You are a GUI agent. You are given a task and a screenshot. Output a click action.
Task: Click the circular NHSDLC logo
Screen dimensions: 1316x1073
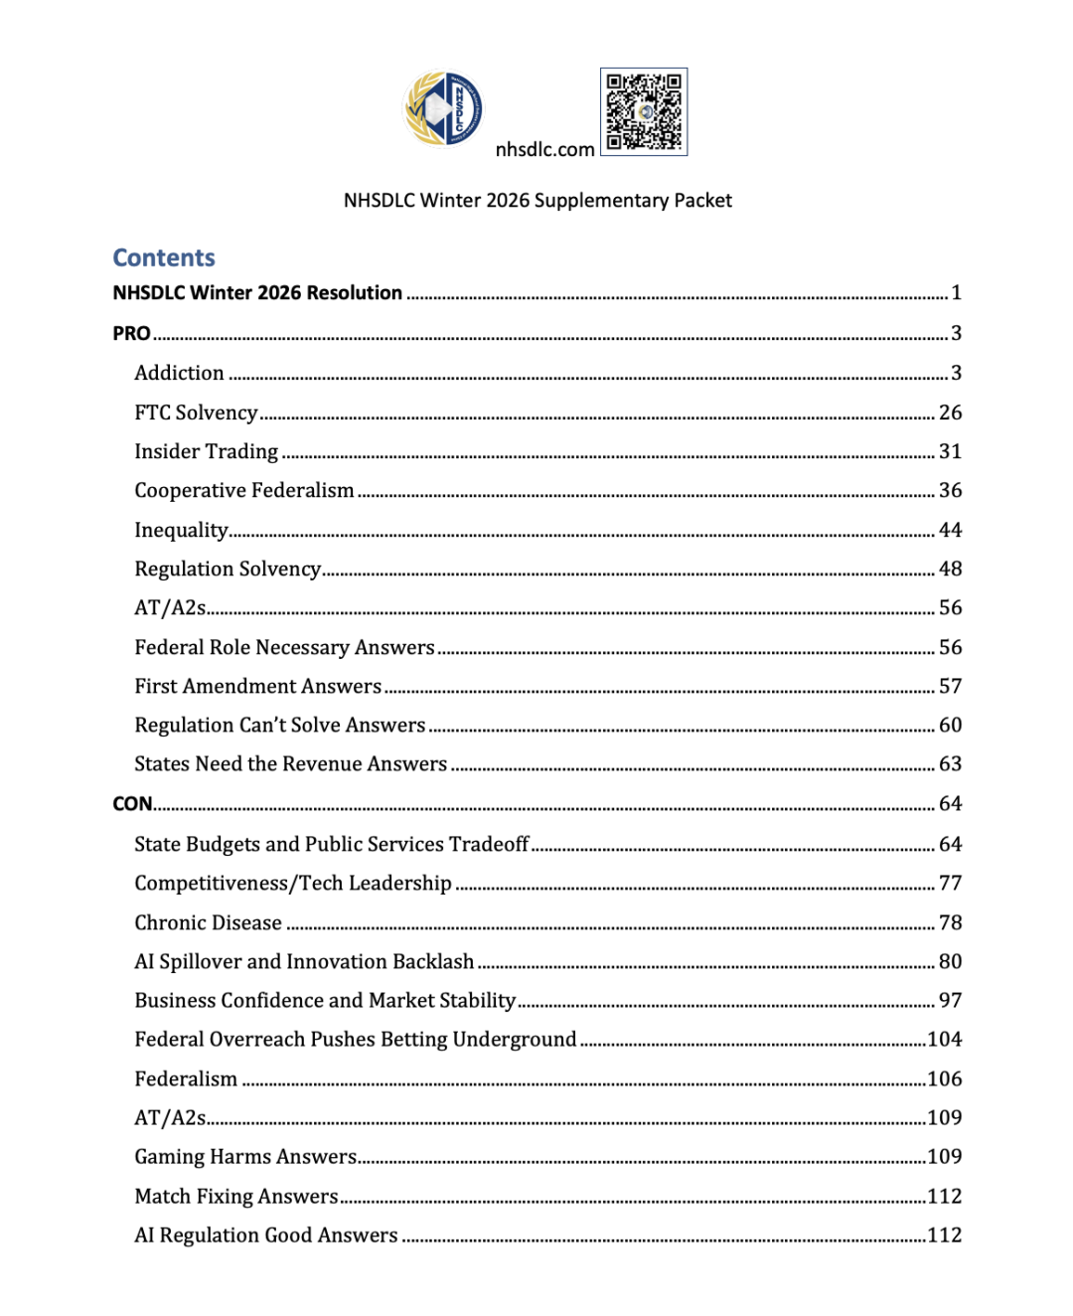click(x=444, y=108)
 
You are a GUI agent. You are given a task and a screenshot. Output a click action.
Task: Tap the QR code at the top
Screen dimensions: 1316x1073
click(x=644, y=111)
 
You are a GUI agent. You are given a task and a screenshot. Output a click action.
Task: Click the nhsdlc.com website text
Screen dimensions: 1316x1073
click(x=544, y=150)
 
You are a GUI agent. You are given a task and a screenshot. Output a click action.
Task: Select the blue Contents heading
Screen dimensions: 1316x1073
click(x=164, y=258)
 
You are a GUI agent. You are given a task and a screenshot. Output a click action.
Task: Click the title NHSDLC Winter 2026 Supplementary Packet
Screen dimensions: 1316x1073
click(x=537, y=201)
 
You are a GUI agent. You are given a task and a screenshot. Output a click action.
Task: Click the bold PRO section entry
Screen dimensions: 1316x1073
click(x=131, y=334)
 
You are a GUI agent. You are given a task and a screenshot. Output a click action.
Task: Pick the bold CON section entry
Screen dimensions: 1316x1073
click(x=132, y=804)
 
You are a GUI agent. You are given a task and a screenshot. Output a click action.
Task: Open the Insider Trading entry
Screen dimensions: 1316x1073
click(x=207, y=452)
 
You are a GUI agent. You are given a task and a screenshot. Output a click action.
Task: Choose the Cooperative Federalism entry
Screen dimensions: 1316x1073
click(x=244, y=491)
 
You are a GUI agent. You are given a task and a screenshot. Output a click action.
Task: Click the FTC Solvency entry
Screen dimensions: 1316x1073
click(x=196, y=412)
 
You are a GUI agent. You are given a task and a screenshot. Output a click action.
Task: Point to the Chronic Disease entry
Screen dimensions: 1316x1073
click(x=209, y=923)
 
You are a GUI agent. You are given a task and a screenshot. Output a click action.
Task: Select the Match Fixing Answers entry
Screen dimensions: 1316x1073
click(x=236, y=1197)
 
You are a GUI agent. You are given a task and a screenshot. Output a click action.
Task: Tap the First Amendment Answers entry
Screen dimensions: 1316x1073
click(x=258, y=687)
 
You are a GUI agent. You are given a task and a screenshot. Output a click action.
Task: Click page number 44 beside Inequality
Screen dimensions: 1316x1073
click(x=950, y=530)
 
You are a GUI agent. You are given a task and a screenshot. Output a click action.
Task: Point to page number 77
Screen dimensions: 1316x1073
click(x=950, y=884)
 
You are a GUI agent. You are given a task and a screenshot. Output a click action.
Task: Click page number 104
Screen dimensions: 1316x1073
click(x=944, y=1040)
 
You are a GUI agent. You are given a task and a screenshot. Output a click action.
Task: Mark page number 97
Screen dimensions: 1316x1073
click(x=950, y=1001)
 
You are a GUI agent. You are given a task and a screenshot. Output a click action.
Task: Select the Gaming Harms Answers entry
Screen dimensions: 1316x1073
click(x=245, y=1157)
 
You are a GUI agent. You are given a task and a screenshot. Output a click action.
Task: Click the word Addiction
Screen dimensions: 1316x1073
click(x=180, y=374)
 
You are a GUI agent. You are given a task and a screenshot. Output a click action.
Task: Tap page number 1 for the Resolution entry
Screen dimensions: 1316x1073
click(x=956, y=293)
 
